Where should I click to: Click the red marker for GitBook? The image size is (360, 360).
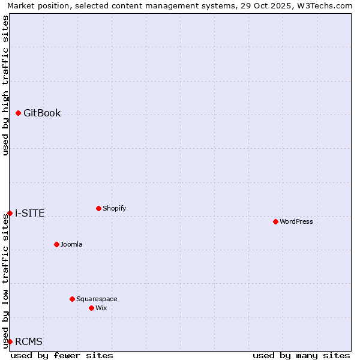(18, 113)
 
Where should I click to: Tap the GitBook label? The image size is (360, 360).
(42, 113)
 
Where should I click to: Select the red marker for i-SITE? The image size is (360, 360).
(10, 213)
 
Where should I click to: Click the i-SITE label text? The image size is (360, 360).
(29, 213)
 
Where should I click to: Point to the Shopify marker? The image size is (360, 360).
(98, 208)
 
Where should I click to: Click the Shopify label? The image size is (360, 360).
(114, 208)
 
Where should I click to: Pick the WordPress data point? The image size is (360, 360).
(275, 221)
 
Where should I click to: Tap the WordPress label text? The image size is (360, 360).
(296, 221)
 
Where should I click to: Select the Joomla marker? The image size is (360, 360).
(56, 244)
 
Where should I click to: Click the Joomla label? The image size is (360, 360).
(71, 244)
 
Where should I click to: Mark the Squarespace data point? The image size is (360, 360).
(72, 299)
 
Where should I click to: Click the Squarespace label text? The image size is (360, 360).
(97, 299)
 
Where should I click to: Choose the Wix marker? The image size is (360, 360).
(91, 308)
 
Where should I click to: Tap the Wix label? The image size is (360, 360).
(101, 308)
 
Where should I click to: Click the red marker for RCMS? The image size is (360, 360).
(10, 341)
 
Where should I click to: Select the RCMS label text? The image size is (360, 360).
(29, 341)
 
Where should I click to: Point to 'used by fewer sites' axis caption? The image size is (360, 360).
(62, 355)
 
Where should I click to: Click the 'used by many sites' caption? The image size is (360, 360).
(301, 355)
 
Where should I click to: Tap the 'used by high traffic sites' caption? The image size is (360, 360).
(6, 85)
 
